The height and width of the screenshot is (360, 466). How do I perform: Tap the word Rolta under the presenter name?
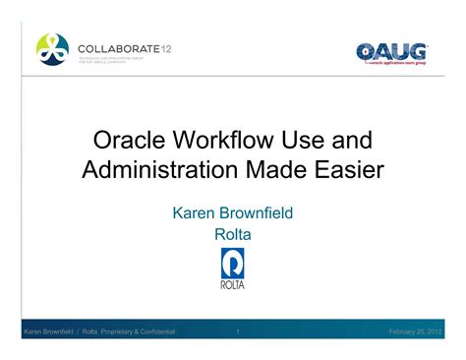click(232, 233)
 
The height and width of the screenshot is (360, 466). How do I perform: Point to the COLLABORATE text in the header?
click(110, 47)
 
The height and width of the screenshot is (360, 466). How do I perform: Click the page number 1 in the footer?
click(238, 331)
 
